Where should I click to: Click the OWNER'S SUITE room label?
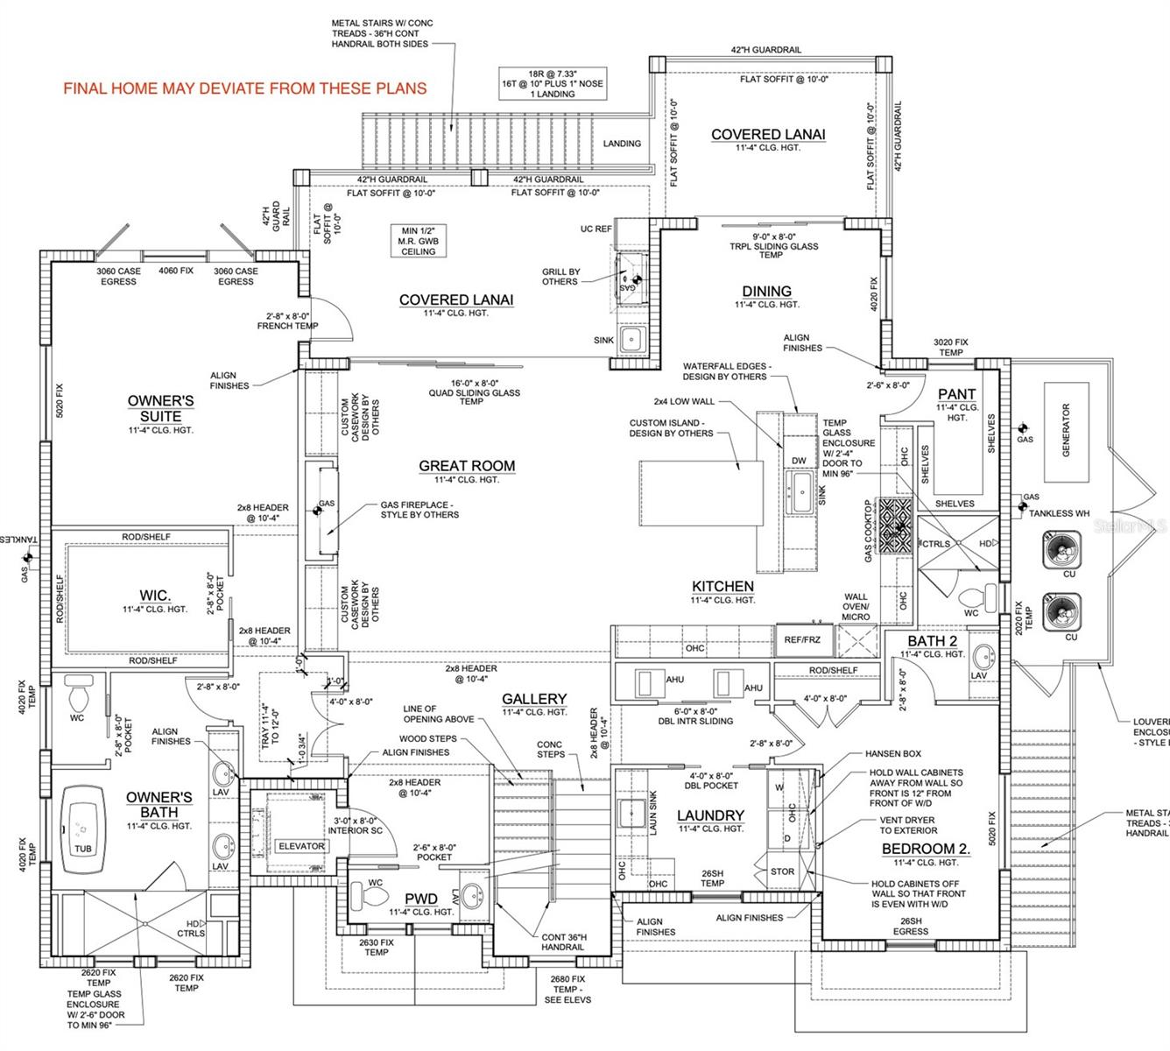(160, 409)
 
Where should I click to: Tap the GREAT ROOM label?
(467, 466)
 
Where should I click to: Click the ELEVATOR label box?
(301, 846)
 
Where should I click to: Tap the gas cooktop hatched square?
(895, 527)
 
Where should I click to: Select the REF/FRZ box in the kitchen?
(802, 640)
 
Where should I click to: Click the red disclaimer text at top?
(245, 88)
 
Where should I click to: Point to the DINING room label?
(766, 292)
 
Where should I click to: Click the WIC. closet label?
(155, 596)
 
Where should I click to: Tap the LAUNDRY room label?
(710, 815)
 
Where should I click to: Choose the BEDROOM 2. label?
(926, 849)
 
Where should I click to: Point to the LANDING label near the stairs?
(622, 144)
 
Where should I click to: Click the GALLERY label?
(534, 699)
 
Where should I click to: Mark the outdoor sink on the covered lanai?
(631, 339)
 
